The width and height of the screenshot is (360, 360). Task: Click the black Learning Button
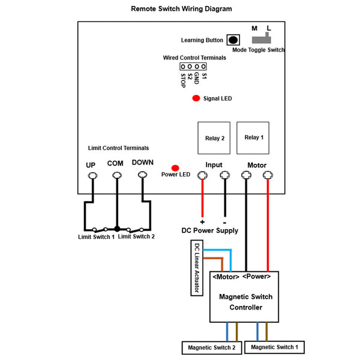click(233, 40)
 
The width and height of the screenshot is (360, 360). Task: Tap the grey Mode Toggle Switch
click(262, 40)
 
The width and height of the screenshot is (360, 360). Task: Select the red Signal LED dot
click(196, 98)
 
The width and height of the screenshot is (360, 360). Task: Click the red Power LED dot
click(175, 168)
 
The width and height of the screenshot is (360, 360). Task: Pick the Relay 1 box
click(253, 138)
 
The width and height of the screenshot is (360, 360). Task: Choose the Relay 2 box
click(214, 138)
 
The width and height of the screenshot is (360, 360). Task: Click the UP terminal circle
click(93, 176)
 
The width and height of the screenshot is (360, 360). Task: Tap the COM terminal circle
click(117, 176)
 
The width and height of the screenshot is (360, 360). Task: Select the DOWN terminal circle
click(142, 175)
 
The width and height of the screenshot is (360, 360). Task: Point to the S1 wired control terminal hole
click(203, 67)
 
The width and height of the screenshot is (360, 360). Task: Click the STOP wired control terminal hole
click(183, 67)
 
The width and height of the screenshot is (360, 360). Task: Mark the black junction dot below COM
click(117, 229)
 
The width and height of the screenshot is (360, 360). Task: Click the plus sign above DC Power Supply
click(202, 222)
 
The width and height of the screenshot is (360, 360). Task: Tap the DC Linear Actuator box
click(197, 268)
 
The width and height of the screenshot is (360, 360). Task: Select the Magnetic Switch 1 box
click(275, 347)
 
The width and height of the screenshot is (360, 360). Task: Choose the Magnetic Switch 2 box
click(212, 347)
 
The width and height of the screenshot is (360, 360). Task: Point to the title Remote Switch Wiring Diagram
click(181, 9)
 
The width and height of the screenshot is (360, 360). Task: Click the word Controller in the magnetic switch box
click(246, 307)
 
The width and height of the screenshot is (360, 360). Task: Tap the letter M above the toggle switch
click(254, 28)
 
